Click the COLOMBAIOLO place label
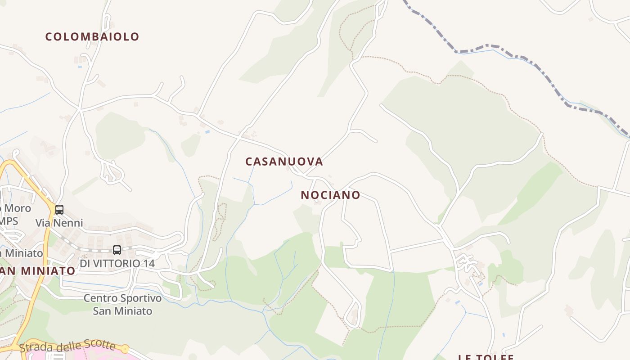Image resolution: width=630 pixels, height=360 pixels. tap(92, 37)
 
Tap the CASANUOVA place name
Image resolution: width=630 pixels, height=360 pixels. tap(284, 162)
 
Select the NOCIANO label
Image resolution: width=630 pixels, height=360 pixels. tap(330, 195)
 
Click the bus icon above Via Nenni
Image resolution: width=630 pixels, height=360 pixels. tap(59, 209)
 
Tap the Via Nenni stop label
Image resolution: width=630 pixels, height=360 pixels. tap(59, 223)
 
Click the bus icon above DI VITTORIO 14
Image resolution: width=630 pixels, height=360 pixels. tap(117, 250)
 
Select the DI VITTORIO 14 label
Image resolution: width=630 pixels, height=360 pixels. tap(117, 263)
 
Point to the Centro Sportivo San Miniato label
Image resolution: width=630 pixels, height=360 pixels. tap(122, 304)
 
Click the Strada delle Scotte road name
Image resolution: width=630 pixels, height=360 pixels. tap(67, 346)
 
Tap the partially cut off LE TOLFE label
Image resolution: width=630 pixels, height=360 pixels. tap(486, 357)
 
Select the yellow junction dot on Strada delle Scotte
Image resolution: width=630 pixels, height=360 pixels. tap(125, 349)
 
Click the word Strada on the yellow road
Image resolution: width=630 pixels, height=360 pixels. tap(33, 348)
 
